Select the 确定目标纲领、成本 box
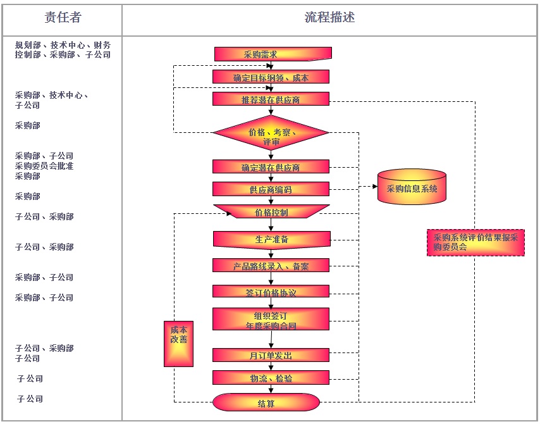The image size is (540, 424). pyautogui.click(x=271, y=77)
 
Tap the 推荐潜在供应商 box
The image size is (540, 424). pyautogui.click(x=271, y=100)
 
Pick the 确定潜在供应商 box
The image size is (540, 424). pyautogui.click(x=271, y=167)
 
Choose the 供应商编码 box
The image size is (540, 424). pyautogui.click(x=271, y=189)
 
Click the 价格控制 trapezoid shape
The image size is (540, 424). pyautogui.click(x=271, y=211)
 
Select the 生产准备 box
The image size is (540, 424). pyautogui.click(x=271, y=239)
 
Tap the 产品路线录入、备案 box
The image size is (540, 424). pyautogui.click(x=271, y=266)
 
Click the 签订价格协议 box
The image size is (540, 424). pyautogui.click(x=271, y=292)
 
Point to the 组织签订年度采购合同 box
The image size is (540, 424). pyautogui.click(x=271, y=319)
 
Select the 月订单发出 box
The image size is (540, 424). pyautogui.click(x=271, y=355)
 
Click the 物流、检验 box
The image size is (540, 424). pyautogui.click(x=271, y=378)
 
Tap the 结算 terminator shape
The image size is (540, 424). pyautogui.click(x=266, y=402)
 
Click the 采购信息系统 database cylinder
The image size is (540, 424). pyautogui.click(x=412, y=188)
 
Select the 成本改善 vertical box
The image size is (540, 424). pyautogui.click(x=178, y=344)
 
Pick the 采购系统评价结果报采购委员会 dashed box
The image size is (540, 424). pyautogui.click(x=476, y=242)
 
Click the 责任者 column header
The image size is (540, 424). pyautogui.click(x=63, y=18)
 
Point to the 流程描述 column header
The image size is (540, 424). pyautogui.click(x=329, y=18)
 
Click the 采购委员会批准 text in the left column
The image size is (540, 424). pyautogui.click(x=44, y=166)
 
